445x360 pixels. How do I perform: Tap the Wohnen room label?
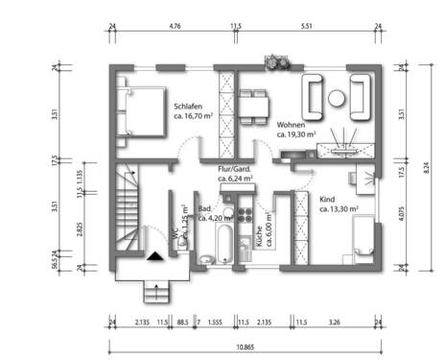pyautogui.click(x=293, y=126)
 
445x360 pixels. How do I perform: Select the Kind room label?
pyautogui.click(x=329, y=199)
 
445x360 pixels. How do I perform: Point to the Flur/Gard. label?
pyautogui.click(x=235, y=168)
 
